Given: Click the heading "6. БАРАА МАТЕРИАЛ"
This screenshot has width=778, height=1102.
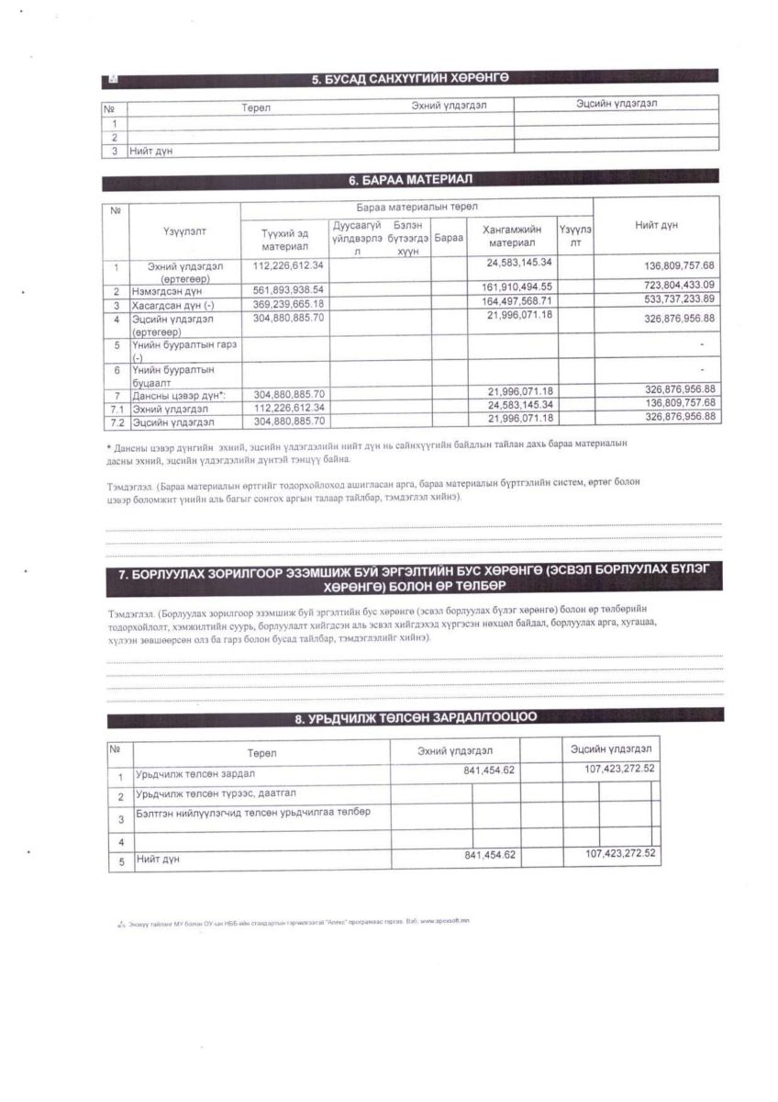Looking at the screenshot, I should (410, 177).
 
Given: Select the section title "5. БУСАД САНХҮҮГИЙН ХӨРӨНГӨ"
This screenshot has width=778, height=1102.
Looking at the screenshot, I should (410, 80).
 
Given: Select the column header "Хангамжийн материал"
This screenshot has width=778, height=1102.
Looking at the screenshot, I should (511, 236).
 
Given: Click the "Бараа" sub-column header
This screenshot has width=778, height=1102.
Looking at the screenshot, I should (449, 237).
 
